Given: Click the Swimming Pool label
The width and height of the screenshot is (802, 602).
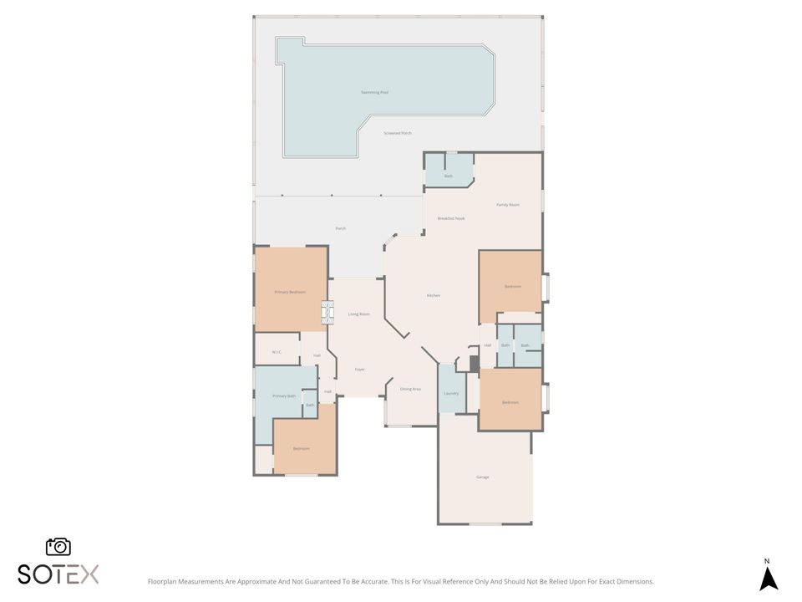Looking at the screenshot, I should tap(374, 92).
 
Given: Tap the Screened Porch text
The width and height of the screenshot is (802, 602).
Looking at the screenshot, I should tap(398, 133).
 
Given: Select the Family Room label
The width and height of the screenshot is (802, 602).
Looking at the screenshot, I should tap(508, 204).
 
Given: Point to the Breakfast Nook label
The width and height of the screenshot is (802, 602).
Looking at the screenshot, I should tap(451, 218).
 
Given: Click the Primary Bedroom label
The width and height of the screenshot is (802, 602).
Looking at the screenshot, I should tap(290, 292).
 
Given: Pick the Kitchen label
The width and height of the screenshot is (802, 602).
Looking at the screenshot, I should tap(434, 295).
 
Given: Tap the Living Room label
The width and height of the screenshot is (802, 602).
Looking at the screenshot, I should tap(359, 314).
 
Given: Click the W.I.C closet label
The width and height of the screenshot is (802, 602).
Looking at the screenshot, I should tap(277, 352).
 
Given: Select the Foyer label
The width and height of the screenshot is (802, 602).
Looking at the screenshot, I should tap(360, 369).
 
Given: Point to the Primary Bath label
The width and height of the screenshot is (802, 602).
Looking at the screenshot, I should tap(284, 395).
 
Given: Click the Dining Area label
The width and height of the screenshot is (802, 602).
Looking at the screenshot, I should tap(410, 389).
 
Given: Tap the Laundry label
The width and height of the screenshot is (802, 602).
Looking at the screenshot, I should tap(451, 393).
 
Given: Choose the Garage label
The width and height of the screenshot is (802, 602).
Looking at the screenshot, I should tap(483, 477).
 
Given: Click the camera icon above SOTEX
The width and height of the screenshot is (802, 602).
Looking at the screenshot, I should tap(58, 546).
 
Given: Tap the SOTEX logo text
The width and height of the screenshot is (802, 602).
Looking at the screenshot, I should tap(58, 574).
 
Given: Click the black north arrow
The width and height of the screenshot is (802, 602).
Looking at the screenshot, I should tap(769, 579).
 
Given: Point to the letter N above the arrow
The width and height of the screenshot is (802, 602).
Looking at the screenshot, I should tap(767, 561).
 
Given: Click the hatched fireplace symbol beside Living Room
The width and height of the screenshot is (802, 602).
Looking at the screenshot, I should tap(327, 314).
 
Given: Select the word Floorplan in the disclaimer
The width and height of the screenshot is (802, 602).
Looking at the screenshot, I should tap(163, 581).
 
